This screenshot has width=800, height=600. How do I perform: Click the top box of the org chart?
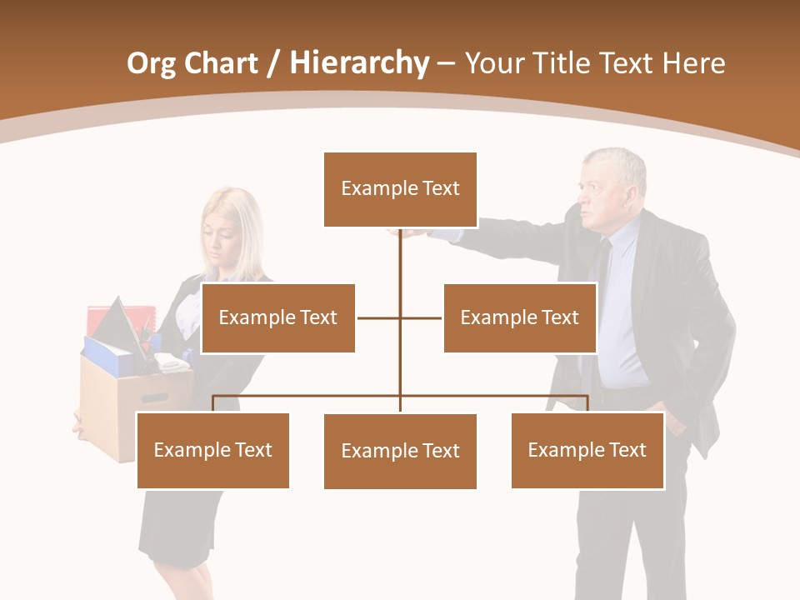coord(400,189)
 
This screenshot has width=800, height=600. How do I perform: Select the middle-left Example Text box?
coord(277,317)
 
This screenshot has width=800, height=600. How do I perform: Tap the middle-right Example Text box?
coord(519,317)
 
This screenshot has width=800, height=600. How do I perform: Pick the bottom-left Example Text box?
coord(212,450)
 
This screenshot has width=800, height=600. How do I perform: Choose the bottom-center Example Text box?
coord(400,451)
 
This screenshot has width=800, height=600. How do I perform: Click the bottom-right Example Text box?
coord(587,450)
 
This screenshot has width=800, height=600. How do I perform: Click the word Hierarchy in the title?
coord(359,63)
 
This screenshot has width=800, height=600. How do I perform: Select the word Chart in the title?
coord(221,63)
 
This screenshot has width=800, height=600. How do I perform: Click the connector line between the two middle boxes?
coord(400,317)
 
